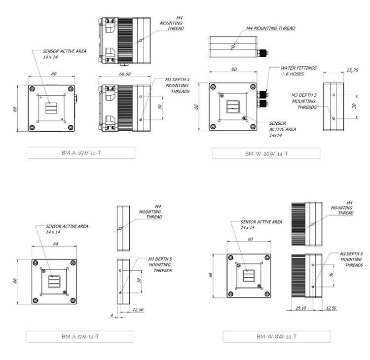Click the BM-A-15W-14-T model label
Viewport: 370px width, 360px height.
point(81,153)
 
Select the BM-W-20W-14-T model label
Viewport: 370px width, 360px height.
point(266,154)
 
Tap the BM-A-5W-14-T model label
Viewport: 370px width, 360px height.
point(80,337)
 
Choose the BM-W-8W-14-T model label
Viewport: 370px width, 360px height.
point(276,337)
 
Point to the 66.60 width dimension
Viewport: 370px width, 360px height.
point(125,74)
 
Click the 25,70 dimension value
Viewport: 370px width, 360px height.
point(352,70)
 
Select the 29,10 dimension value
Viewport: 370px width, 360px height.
point(300,308)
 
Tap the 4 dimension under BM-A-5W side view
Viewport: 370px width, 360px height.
point(112,315)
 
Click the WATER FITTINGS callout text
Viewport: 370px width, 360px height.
point(298,68)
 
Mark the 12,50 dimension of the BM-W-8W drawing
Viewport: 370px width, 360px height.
point(331,308)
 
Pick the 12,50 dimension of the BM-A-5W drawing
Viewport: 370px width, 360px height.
point(138,310)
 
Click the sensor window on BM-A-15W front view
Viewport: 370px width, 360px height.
point(51,108)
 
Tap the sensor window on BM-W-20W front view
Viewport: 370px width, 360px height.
point(233,107)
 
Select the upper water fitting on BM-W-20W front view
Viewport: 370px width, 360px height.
point(262,95)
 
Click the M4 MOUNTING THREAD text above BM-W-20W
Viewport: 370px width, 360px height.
point(271,28)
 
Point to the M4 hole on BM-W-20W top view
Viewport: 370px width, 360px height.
point(233,47)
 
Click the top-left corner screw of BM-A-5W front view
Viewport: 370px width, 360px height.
point(36,263)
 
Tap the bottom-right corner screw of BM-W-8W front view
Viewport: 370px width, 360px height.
point(267,294)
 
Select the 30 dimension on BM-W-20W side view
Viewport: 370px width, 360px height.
point(354,106)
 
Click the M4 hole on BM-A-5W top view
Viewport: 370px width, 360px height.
point(120,228)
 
